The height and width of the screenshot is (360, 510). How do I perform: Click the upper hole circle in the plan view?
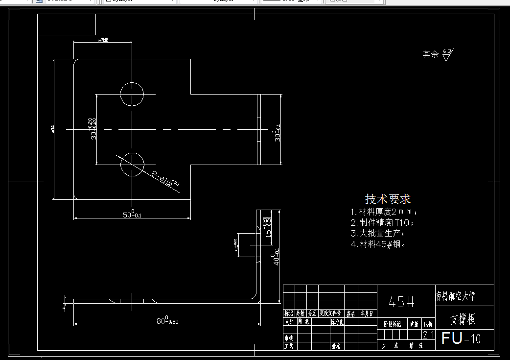(x=132, y=94)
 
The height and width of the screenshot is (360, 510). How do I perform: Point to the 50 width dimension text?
(x=132, y=214)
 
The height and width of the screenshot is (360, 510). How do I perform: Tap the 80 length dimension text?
(x=166, y=320)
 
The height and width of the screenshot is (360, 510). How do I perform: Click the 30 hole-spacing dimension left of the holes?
(x=93, y=128)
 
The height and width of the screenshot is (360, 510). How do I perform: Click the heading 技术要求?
(x=388, y=199)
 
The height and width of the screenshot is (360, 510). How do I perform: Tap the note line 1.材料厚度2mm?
(x=384, y=212)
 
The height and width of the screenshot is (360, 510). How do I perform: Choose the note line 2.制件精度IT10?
(x=382, y=223)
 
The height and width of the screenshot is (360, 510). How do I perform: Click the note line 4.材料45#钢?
(x=378, y=244)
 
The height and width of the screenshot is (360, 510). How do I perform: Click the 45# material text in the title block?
(x=402, y=302)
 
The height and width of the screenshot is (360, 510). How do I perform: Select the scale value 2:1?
(x=428, y=335)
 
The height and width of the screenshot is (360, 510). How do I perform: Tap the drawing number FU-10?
(x=461, y=338)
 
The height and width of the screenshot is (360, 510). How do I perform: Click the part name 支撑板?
(x=463, y=319)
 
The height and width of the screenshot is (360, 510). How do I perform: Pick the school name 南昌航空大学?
(x=455, y=296)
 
